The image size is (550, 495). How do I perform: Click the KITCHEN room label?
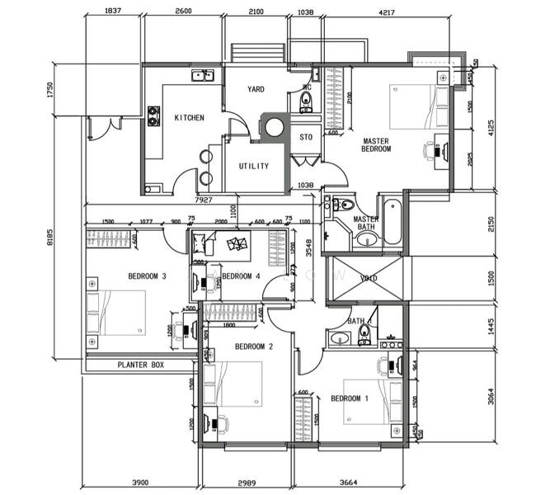point(189,118)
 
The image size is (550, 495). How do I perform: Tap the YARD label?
point(256,89)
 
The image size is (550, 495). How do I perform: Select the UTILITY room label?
point(253,166)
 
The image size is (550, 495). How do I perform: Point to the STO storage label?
point(305,137)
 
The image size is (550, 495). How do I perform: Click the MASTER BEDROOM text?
point(376,145)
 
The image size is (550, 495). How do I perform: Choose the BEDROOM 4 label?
point(241,276)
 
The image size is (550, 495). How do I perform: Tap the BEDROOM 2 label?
point(253,346)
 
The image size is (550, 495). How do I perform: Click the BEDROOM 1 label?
point(350,399)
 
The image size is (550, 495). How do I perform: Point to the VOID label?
point(369,279)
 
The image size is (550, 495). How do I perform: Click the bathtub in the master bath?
point(392,220)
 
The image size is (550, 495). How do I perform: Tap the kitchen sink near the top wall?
point(202,77)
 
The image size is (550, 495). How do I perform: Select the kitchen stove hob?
point(153,115)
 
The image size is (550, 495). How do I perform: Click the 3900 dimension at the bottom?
point(141,482)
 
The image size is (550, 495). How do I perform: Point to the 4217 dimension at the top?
point(385,12)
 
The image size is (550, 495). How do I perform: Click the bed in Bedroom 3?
point(118,313)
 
